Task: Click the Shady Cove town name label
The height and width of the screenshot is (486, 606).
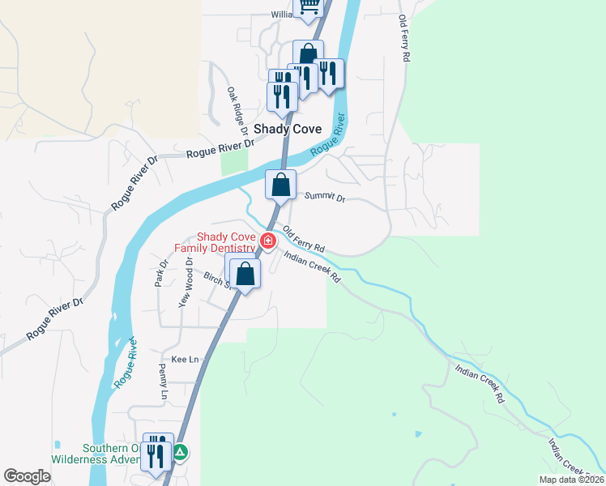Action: pos(288,129)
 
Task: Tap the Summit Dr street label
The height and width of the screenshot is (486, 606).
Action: pos(325,197)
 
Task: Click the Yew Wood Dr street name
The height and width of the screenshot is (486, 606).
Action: pos(186,282)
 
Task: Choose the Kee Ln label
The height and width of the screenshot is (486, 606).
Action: pos(185,359)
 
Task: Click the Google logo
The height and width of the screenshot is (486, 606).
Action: pos(28,476)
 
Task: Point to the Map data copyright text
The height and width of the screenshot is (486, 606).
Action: pos(571,480)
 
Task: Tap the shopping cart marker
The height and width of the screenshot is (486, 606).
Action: pos(308,6)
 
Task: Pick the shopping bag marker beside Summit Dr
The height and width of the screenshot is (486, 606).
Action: pos(280,184)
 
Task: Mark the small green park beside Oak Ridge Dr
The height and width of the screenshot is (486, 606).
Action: pos(233,161)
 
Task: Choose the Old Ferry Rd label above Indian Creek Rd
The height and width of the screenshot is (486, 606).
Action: pos(304,237)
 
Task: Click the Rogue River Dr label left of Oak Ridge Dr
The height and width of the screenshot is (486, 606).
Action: pos(220,150)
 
